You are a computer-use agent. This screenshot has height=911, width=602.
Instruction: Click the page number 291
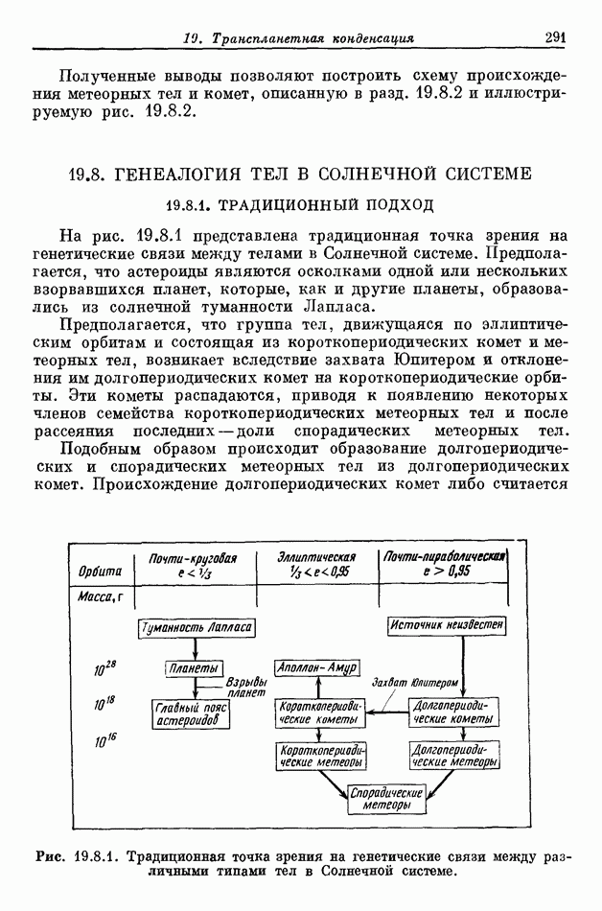[556, 37]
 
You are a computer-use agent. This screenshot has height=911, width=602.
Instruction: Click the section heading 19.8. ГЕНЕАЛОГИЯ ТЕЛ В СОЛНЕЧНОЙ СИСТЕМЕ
[299, 175]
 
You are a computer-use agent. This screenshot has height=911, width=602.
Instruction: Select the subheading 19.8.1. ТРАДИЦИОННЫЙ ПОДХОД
[300, 204]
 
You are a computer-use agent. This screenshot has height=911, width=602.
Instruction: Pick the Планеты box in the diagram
[193, 668]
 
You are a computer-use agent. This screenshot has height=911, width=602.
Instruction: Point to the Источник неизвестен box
[447, 625]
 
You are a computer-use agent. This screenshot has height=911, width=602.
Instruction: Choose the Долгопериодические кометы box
[451, 711]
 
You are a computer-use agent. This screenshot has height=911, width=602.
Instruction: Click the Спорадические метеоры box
[386, 799]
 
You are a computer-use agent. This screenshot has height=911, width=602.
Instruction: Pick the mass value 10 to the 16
[105, 741]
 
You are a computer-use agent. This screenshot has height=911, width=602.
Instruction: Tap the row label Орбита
[100, 572]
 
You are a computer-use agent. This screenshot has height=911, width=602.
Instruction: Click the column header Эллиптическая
[316, 556]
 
